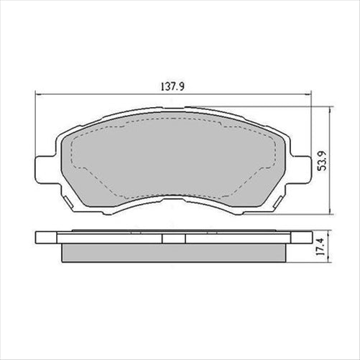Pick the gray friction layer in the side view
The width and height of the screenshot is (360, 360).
(x=172, y=253)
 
